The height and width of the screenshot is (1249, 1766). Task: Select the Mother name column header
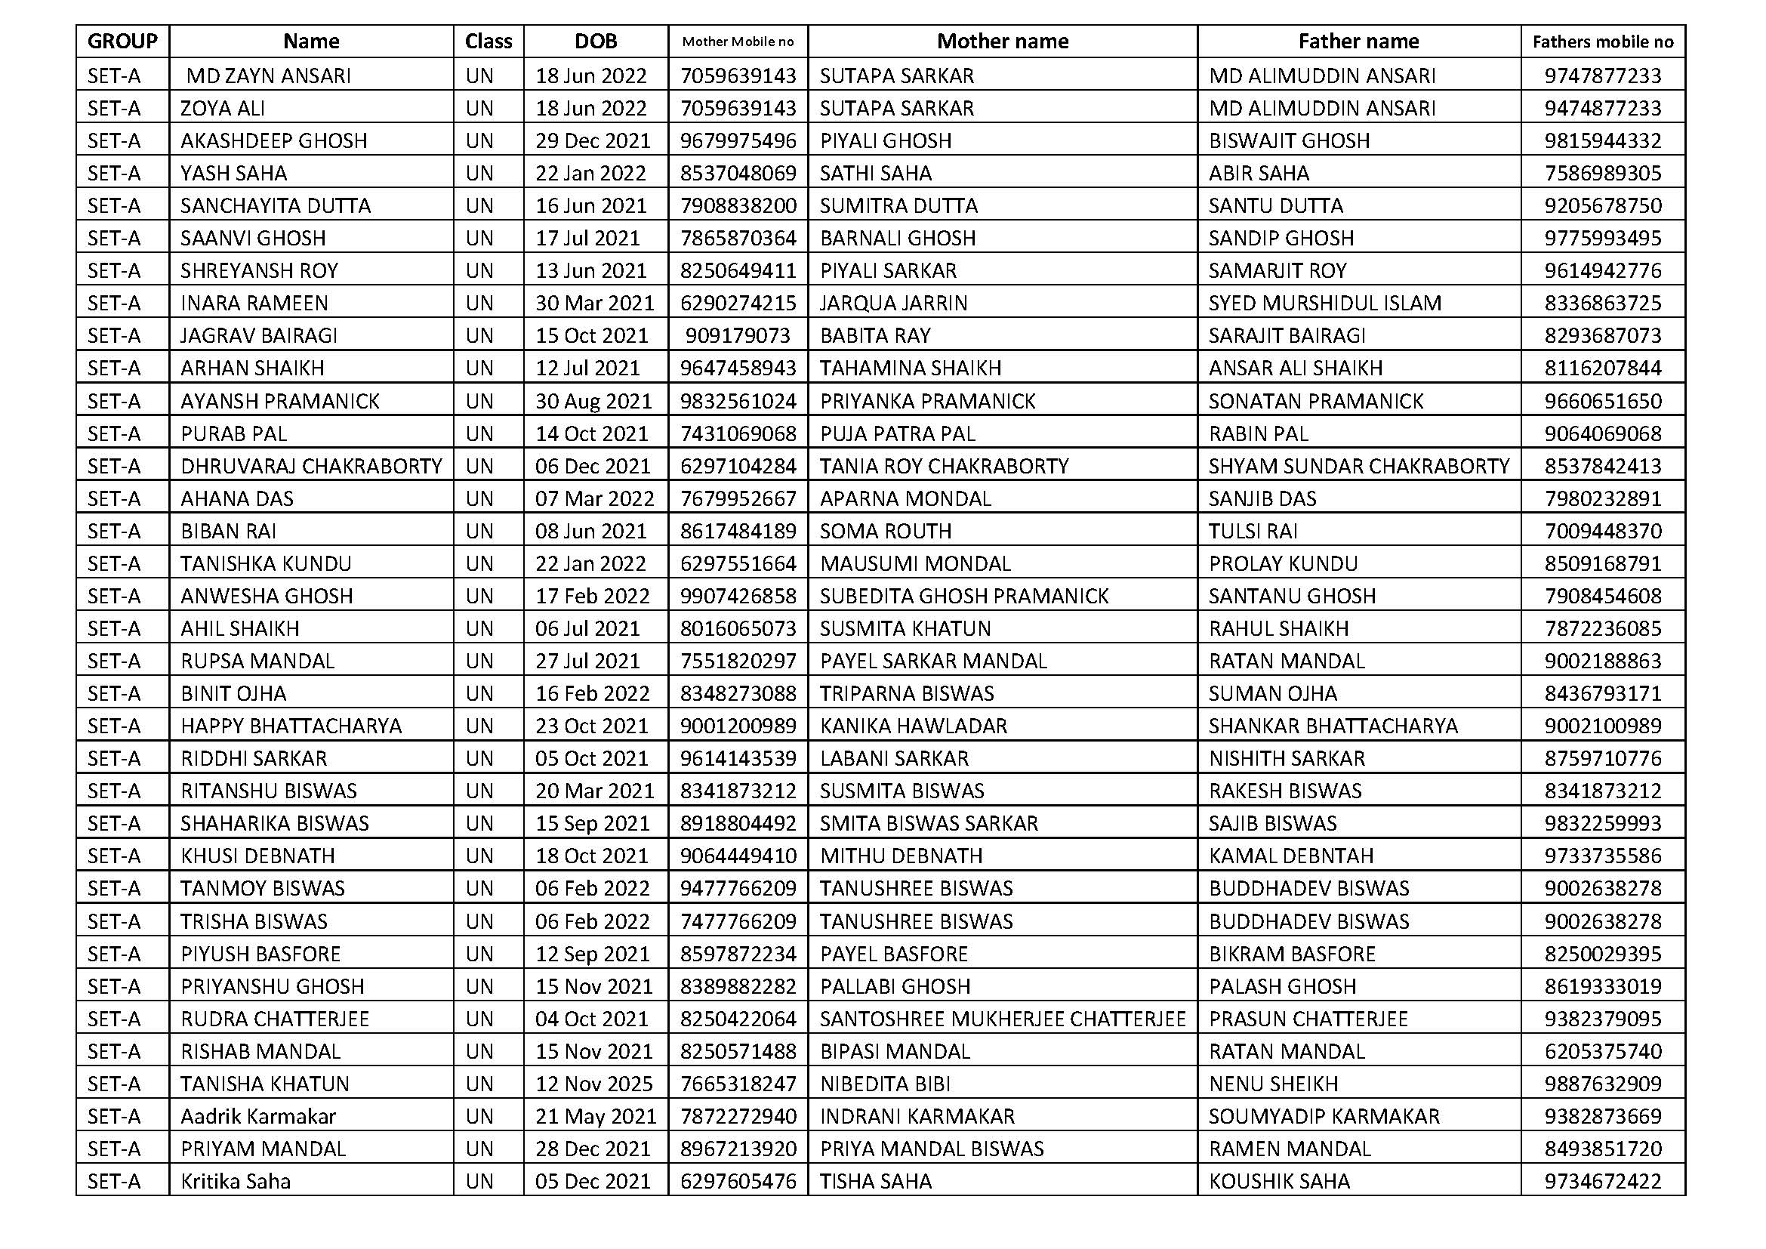coord(1002,42)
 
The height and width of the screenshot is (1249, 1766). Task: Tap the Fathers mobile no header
coord(1602,42)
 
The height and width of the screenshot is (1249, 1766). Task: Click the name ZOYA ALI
coord(222,109)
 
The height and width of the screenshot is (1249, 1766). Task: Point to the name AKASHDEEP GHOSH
coord(274,140)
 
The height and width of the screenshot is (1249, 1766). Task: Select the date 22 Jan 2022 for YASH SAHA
coord(590,173)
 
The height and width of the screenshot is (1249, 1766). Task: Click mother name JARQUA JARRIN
coord(893,303)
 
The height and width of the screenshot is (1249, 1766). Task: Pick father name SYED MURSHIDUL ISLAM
coord(1324,303)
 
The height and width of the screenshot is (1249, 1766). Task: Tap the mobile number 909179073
coord(738,335)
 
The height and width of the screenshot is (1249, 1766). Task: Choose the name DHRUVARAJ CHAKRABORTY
coord(312,466)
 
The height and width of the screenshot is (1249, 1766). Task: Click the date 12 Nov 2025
coord(593,1084)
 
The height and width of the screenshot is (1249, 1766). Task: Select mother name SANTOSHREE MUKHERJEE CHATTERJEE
coord(1002,1019)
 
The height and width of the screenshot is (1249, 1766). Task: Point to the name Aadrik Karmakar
coord(258,1116)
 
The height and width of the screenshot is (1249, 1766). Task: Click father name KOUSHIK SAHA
coord(1279,1181)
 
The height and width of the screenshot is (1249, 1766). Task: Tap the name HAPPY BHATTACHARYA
coord(291,726)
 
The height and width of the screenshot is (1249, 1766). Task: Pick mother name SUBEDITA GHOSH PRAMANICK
coord(963,596)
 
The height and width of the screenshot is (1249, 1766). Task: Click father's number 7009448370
coord(1603,532)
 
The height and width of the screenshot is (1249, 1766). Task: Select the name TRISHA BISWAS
coord(254,921)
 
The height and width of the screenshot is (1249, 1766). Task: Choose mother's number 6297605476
coord(738,1181)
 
